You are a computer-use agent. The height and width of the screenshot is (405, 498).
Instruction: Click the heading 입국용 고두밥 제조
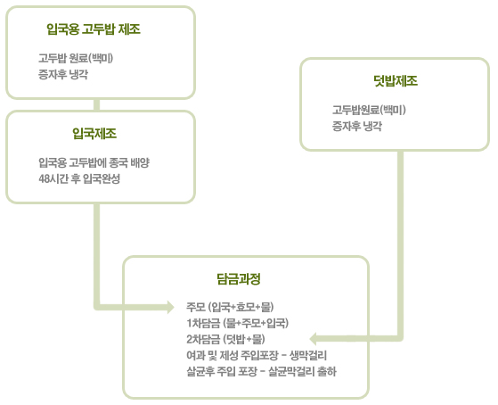pos(94,29)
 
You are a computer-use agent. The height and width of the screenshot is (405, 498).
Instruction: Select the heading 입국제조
pos(94,133)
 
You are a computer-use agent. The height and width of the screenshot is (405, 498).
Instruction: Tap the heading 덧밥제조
pos(396,81)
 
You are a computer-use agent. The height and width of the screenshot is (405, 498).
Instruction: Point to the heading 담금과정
pos(239,279)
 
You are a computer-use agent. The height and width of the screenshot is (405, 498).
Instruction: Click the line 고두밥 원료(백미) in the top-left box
pos(76,58)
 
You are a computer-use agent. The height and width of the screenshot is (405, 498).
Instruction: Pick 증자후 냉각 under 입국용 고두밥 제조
pos(63,74)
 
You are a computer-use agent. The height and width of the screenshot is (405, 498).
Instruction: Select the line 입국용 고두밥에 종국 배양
pos(94,162)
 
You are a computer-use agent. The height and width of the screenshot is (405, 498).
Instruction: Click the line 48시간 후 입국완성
pos(79,178)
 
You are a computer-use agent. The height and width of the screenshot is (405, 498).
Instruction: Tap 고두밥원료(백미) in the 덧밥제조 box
pos(369,110)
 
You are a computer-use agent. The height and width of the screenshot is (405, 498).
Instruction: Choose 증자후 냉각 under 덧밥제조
pos(357,127)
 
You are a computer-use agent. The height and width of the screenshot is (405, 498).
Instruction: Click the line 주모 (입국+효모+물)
pos(230,307)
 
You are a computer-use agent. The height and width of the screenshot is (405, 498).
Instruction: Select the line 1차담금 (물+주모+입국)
pos(238,323)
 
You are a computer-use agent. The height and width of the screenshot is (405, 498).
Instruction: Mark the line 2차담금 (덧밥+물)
pos(225,339)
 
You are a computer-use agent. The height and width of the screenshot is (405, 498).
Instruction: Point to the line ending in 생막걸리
pos(257,355)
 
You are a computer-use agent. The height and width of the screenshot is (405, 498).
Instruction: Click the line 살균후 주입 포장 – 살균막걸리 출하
pos(261,371)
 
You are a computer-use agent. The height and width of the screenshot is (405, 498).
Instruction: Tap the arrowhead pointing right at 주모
pos(171,307)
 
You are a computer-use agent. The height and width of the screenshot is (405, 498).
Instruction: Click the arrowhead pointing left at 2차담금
pos(314,339)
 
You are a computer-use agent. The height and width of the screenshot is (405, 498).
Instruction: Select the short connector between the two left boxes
pos(97,104)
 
